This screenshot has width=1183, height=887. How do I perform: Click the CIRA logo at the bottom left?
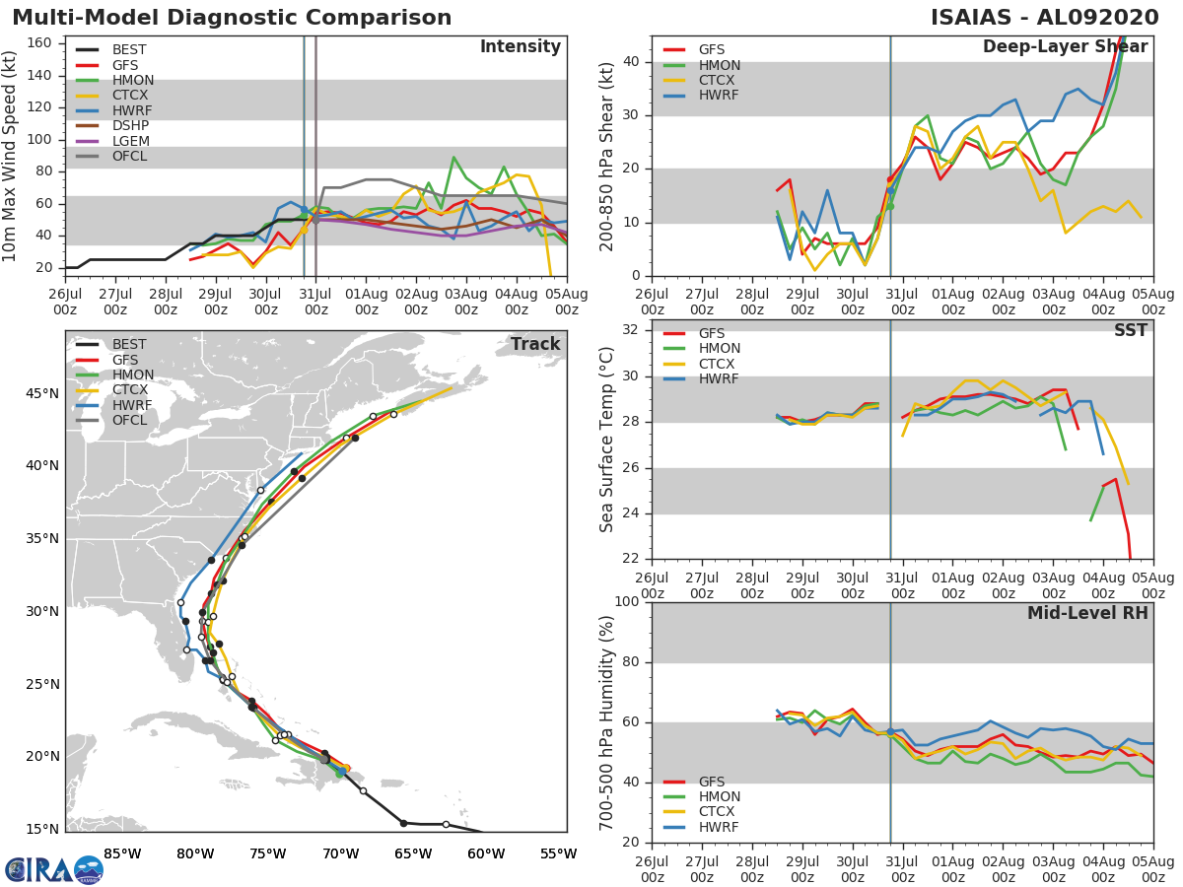click(54, 869)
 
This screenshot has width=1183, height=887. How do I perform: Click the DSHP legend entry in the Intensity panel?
click(112, 126)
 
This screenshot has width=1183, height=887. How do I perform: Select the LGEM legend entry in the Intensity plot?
click(112, 141)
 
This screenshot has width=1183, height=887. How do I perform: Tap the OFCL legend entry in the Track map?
click(111, 421)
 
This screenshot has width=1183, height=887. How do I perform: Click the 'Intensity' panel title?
click(521, 47)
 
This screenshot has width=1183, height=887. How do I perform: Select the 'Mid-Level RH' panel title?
click(1087, 613)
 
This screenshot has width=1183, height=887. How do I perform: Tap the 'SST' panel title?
click(1131, 330)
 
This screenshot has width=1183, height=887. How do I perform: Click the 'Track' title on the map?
click(535, 344)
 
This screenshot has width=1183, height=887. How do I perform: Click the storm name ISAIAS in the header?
click(971, 18)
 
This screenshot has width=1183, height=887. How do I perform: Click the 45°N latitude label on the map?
click(42, 393)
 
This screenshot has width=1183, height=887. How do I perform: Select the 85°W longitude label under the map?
click(122, 854)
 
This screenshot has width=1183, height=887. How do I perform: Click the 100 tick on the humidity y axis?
click(627, 601)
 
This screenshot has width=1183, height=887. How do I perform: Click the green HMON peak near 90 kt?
click(453, 158)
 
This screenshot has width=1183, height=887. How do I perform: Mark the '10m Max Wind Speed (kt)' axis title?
click(9, 157)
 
